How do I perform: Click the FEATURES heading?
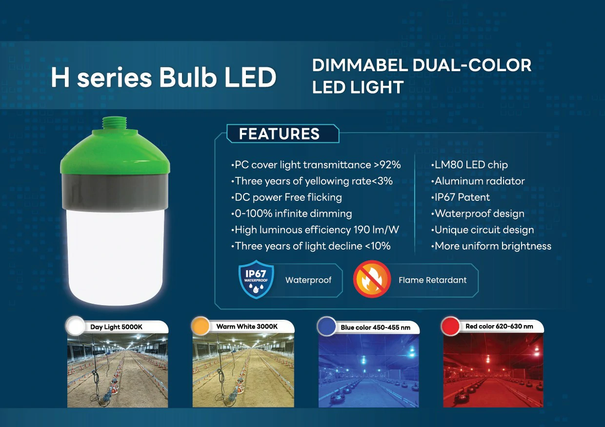[x=279, y=134]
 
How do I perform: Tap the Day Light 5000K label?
[x=116, y=327]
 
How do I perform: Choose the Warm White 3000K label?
[x=247, y=327]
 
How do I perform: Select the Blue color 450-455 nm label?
[x=376, y=328]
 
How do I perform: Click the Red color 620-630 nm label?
[x=499, y=327]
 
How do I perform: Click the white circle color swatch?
[x=76, y=326]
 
